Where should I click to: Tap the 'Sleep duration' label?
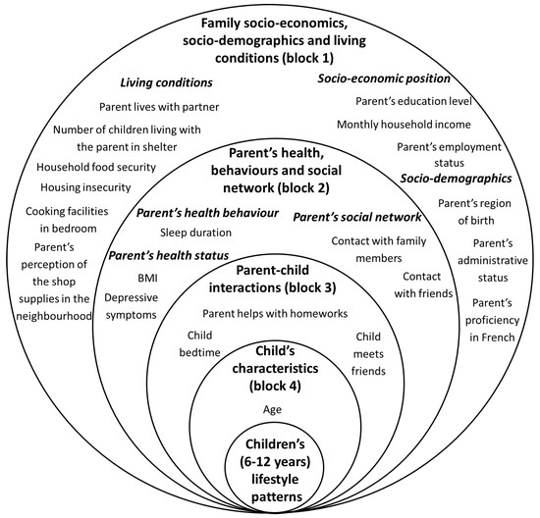[x=195, y=233]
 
